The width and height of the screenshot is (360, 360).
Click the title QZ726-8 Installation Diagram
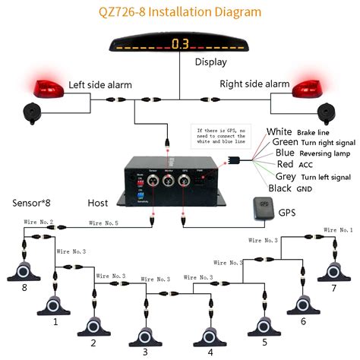click(180, 12)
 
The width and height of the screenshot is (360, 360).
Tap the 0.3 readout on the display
click(180, 43)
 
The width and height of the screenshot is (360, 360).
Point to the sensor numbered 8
click(25, 272)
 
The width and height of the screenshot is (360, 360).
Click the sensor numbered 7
click(333, 271)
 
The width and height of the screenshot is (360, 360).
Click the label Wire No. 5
click(105, 223)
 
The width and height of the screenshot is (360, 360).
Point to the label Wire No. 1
click(338, 229)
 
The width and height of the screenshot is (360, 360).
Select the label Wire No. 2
click(40, 222)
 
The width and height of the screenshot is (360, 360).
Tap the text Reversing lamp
click(317, 153)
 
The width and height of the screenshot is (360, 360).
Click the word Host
click(98, 203)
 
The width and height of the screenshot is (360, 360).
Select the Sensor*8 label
click(31, 203)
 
